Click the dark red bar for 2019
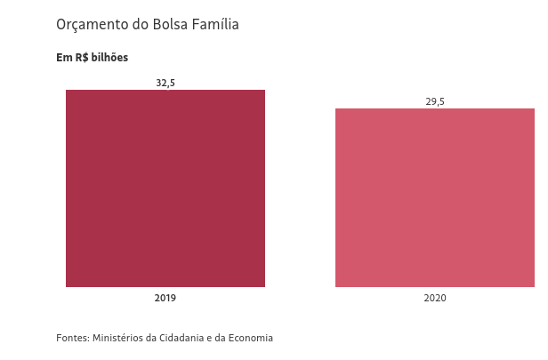(x=165, y=188)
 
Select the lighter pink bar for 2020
(x=434, y=197)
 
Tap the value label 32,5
(x=165, y=83)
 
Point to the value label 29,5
(x=435, y=101)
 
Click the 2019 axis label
(x=165, y=298)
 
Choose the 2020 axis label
(x=435, y=298)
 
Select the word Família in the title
(x=215, y=25)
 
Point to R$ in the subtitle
(x=81, y=58)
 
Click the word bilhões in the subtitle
(x=109, y=58)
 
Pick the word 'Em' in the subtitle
(x=63, y=58)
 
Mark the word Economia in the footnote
(x=250, y=338)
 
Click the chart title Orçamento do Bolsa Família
(x=148, y=25)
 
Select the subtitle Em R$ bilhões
(x=93, y=58)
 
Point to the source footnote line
(x=165, y=338)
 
